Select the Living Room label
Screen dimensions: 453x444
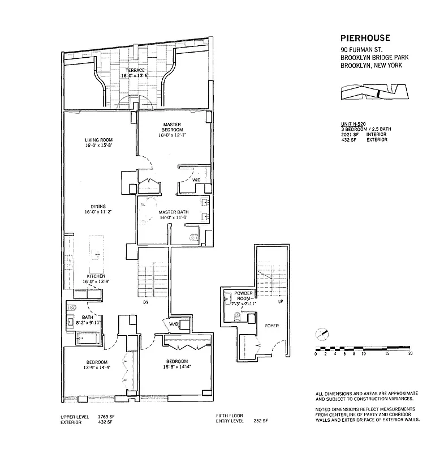point(100,140)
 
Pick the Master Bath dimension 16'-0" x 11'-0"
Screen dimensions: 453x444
point(173,217)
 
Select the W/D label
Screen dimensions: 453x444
point(173,324)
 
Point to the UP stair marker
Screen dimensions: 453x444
point(280,301)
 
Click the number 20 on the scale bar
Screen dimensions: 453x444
point(409,354)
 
